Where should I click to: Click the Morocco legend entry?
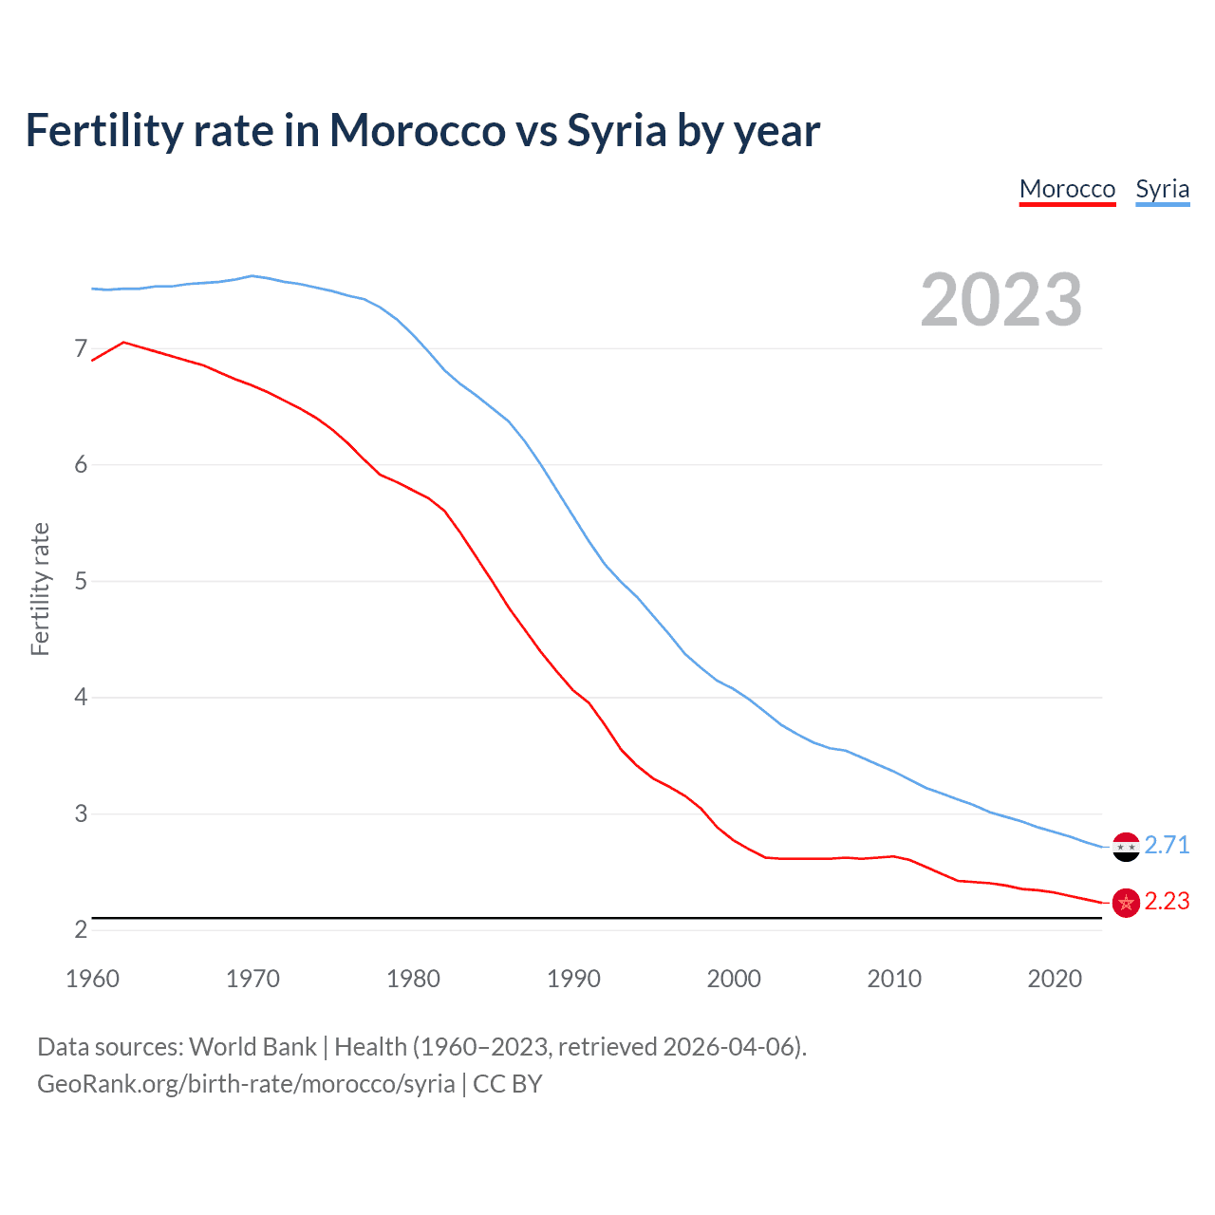pyautogui.click(x=1067, y=189)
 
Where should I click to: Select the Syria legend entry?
pyautogui.click(x=1162, y=189)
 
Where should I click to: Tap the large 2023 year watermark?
pyautogui.click(x=1001, y=300)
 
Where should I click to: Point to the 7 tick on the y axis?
pyautogui.click(x=81, y=349)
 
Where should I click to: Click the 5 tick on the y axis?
pyautogui.click(x=81, y=581)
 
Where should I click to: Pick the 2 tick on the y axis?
pyautogui.click(x=81, y=930)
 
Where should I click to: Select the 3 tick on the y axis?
pyautogui.click(x=81, y=813)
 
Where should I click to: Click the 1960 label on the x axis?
pyautogui.click(x=92, y=979)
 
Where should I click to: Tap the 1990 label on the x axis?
pyautogui.click(x=573, y=979)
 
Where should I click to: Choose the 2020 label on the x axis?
pyautogui.click(x=1055, y=979)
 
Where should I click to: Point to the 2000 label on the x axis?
pyautogui.click(x=734, y=979)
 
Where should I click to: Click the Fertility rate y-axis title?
pyautogui.click(x=40, y=589)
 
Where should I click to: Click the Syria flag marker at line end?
pyautogui.click(x=1126, y=846)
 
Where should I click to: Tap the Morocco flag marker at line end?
pyautogui.click(x=1126, y=903)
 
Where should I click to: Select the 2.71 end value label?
pyautogui.click(x=1167, y=845)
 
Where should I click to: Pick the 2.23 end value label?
pyautogui.click(x=1167, y=902)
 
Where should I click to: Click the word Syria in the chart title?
pyautogui.click(x=617, y=131)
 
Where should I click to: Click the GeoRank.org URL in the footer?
pyautogui.click(x=246, y=1084)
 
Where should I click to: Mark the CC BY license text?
pyautogui.click(x=507, y=1084)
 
